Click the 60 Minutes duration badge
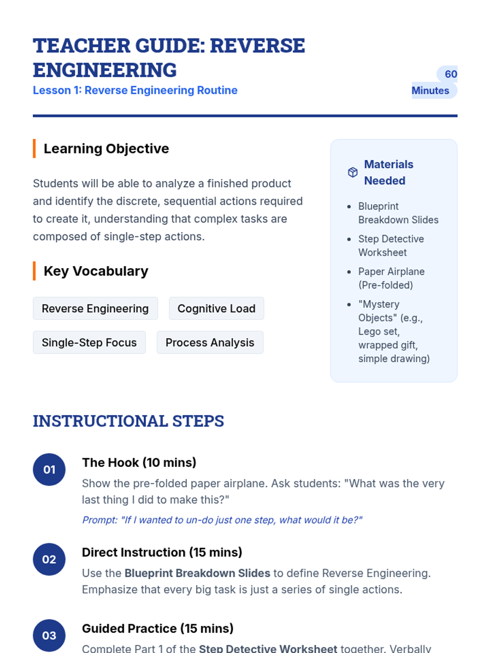click(434, 82)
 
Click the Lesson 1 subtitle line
click(135, 90)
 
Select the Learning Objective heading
click(106, 149)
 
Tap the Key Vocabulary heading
click(96, 271)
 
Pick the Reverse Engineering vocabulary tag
click(95, 309)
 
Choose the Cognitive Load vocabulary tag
click(216, 309)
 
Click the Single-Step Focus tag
click(89, 342)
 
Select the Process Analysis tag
click(210, 342)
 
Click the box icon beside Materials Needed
click(353, 172)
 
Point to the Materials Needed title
click(388, 172)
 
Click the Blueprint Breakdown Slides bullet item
click(398, 213)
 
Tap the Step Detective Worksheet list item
click(391, 246)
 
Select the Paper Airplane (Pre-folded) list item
click(391, 278)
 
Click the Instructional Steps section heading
click(129, 421)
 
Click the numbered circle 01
click(49, 470)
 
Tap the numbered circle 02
click(49, 560)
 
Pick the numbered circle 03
click(49, 636)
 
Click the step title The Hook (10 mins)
click(139, 462)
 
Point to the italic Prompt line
click(222, 520)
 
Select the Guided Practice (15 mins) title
click(158, 629)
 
